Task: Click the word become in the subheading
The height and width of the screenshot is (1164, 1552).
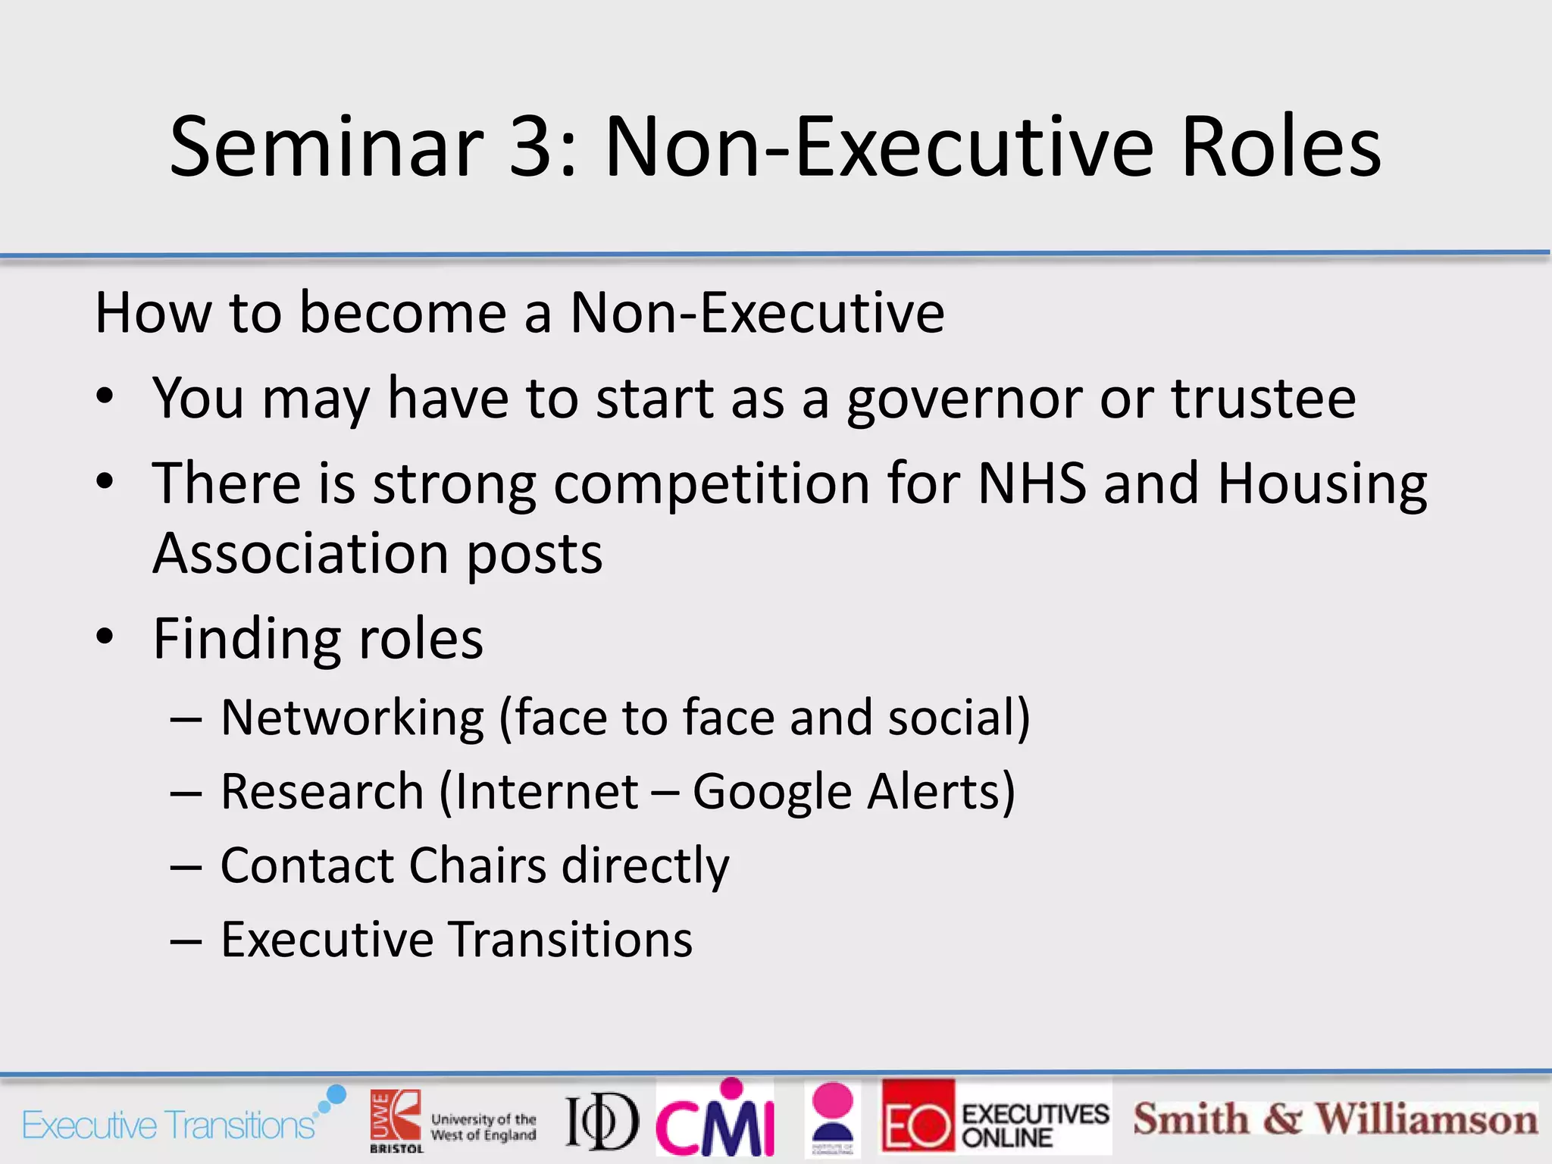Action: [x=402, y=312]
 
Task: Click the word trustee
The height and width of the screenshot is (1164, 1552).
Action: [x=1263, y=398]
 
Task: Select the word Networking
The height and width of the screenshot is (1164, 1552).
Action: [x=352, y=717]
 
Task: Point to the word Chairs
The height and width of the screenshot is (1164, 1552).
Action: [x=477, y=865]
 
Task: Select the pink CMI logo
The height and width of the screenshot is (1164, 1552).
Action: [x=715, y=1119]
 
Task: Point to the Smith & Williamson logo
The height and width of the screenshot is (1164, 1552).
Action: [x=1335, y=1119]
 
